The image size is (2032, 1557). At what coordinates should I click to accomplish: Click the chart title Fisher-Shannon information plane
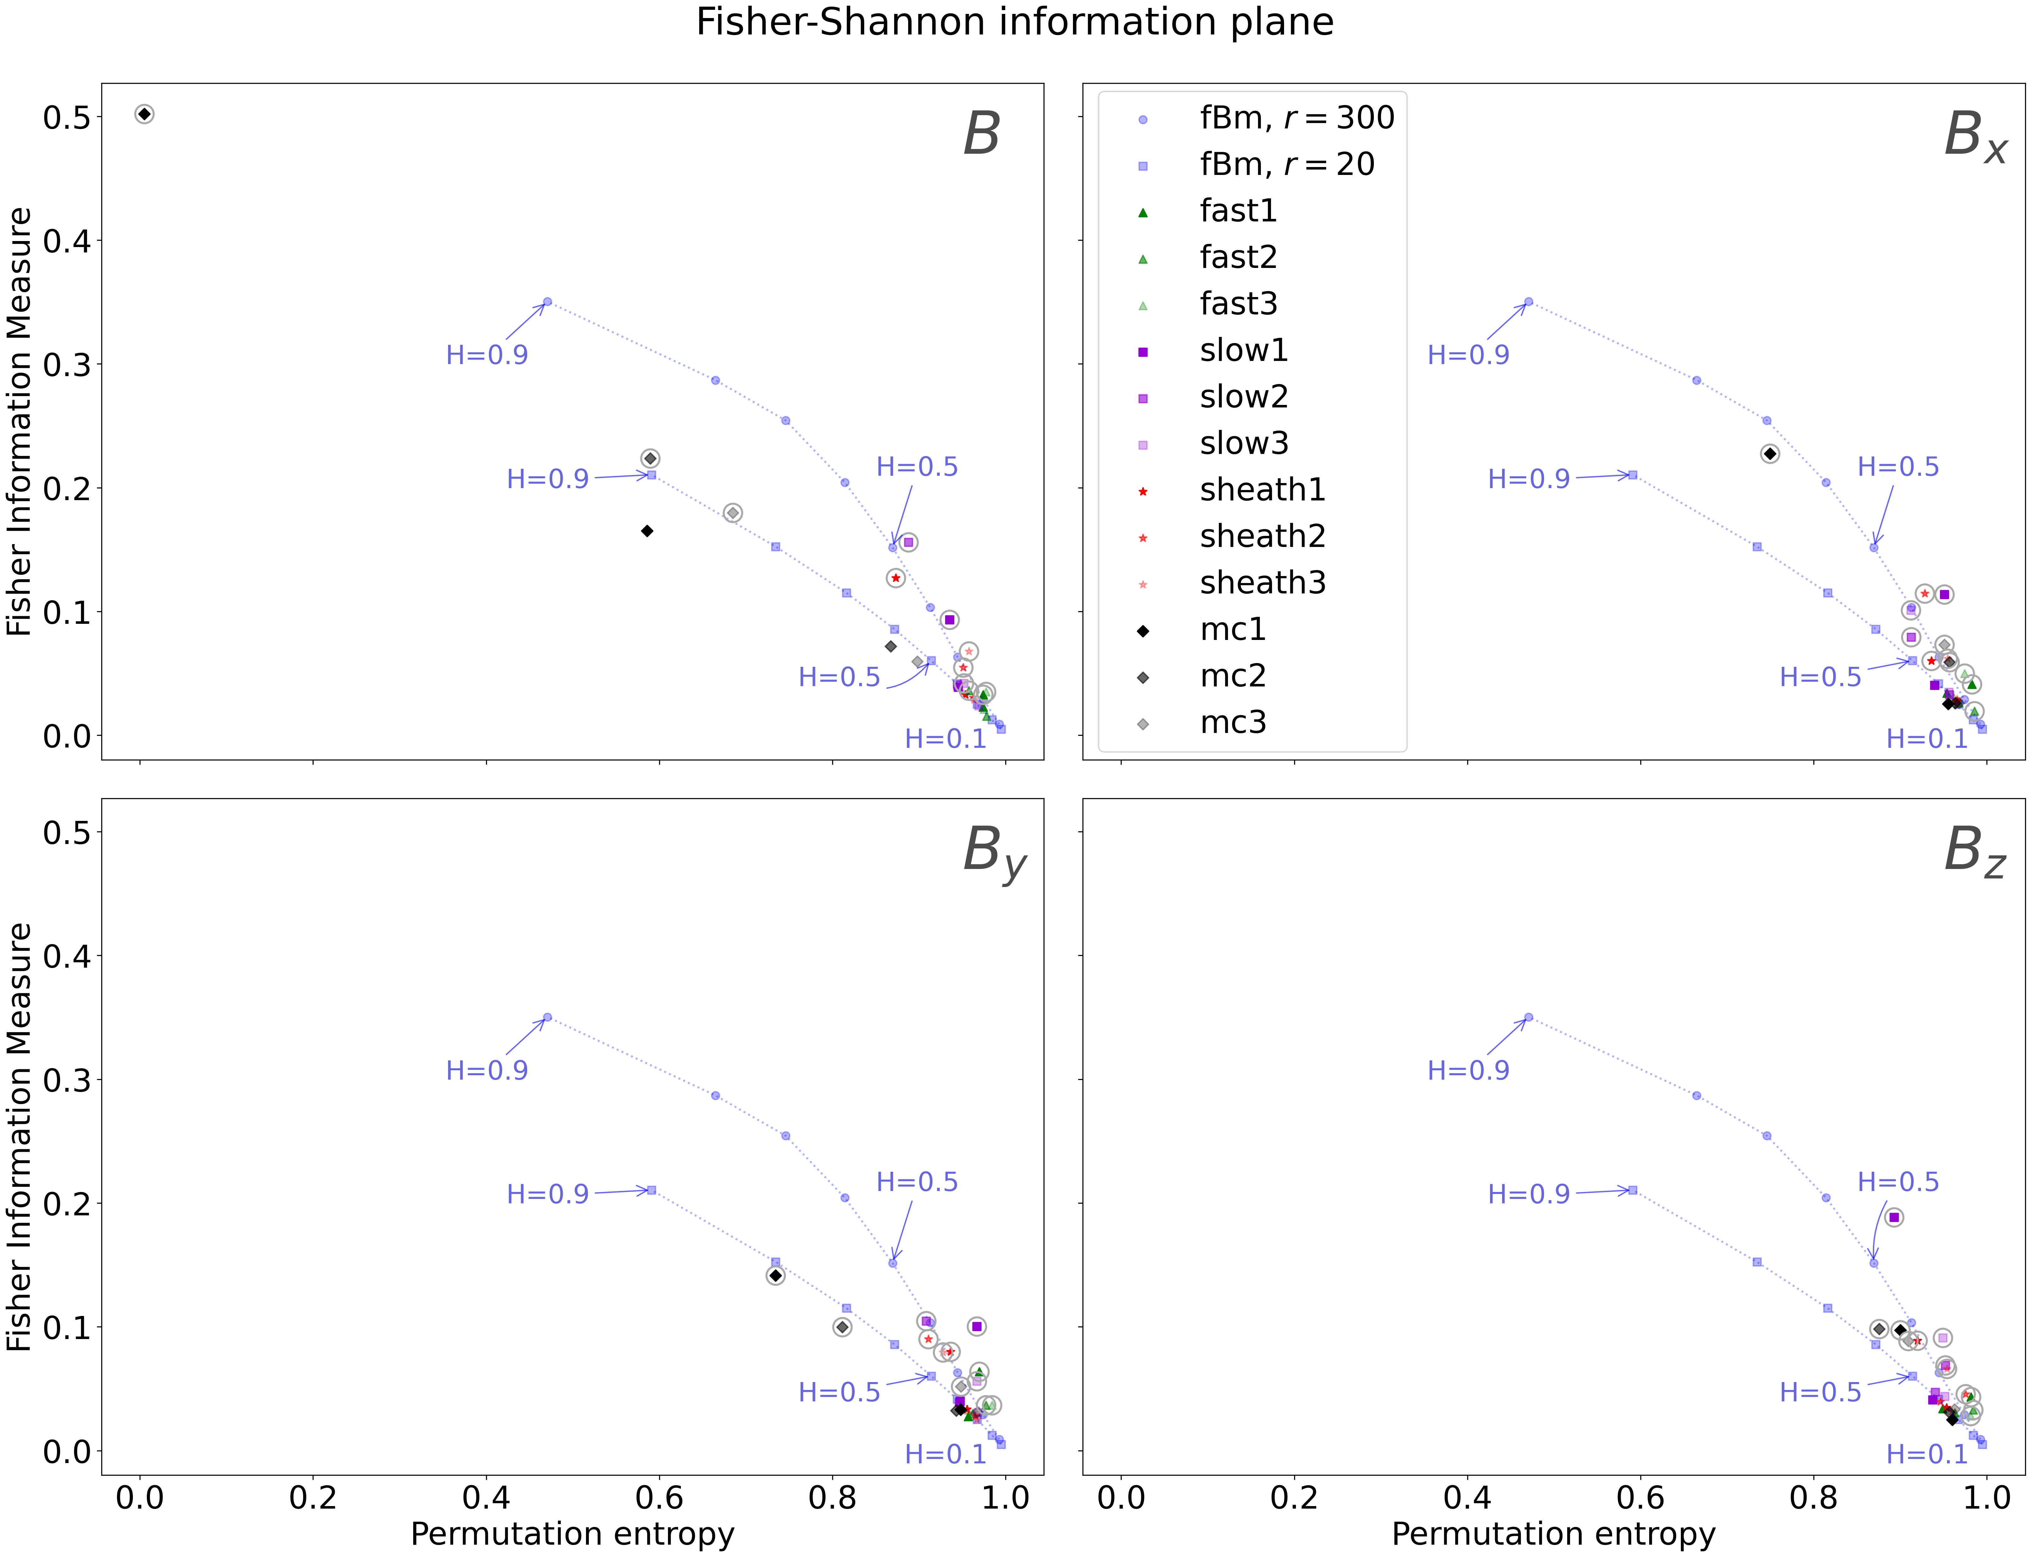pyautogui.click(x=1015, y=22)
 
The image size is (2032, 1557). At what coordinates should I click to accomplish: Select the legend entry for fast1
pyautogui.click(x=1237, y=211)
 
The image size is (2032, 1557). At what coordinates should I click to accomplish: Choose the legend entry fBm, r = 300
pyautogui.click(x=1296, y=119)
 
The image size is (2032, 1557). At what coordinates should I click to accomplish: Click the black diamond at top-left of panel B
pyautogui.click(x=145, y=114)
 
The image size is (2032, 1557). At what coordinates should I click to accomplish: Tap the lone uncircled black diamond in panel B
pyautogui.click(x=647, y=531)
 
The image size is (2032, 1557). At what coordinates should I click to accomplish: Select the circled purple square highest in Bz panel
pyautogui.click(x=1894, y=1217)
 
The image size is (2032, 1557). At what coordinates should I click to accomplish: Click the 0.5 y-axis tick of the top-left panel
pyautogui.click(x=67, y=118)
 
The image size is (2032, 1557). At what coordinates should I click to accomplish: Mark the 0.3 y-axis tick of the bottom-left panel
pyautogui.click(x=67, y=1080)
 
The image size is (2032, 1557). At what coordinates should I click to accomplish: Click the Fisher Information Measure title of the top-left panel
pyautogui.click(x=20, y=422)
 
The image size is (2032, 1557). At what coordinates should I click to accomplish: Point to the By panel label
pyautogui.click(x=994, y=853)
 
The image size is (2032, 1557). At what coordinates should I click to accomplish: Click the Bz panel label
pyautogui.click(x=1974, y=853)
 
